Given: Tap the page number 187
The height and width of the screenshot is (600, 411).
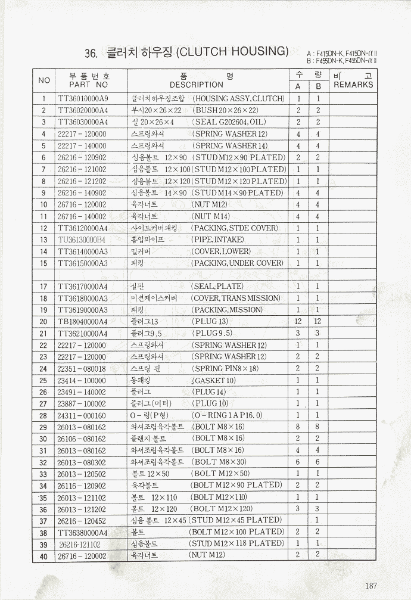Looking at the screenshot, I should point(371,586).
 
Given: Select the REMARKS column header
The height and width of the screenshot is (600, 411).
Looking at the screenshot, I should point(353,85).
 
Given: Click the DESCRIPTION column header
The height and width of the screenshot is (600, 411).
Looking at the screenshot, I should point(196,85).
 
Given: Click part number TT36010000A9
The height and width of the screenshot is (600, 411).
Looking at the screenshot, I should point(83,99).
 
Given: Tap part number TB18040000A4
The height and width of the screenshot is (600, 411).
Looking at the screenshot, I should point(83,322).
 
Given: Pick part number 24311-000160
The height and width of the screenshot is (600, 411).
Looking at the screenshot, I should point(82,415).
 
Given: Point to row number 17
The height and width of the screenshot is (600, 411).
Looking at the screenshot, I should point(43,287).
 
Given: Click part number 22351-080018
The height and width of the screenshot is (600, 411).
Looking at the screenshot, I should point(82,369).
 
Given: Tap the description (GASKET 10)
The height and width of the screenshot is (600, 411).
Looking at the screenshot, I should point(214,380).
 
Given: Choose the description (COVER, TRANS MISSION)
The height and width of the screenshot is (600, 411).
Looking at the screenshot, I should point(235,298).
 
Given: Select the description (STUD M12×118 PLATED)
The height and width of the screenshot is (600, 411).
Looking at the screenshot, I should point(236,543).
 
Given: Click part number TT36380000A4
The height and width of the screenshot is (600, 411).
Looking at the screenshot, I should point(83,532).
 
